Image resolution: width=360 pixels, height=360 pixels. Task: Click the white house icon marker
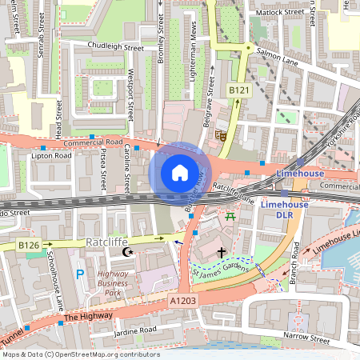[x=180, y=173]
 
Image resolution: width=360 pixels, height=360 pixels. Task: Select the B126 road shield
[x=29, y=245]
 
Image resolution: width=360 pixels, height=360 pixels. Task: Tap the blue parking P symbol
[x=78, y=274]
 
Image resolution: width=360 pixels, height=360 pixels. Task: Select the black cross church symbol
[x=221, y=253]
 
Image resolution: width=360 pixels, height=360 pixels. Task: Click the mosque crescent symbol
[x=126, y=253]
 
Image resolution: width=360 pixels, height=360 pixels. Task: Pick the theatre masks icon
[x=219, y=136]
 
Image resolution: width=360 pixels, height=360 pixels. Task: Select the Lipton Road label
[x=51, y=155]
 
